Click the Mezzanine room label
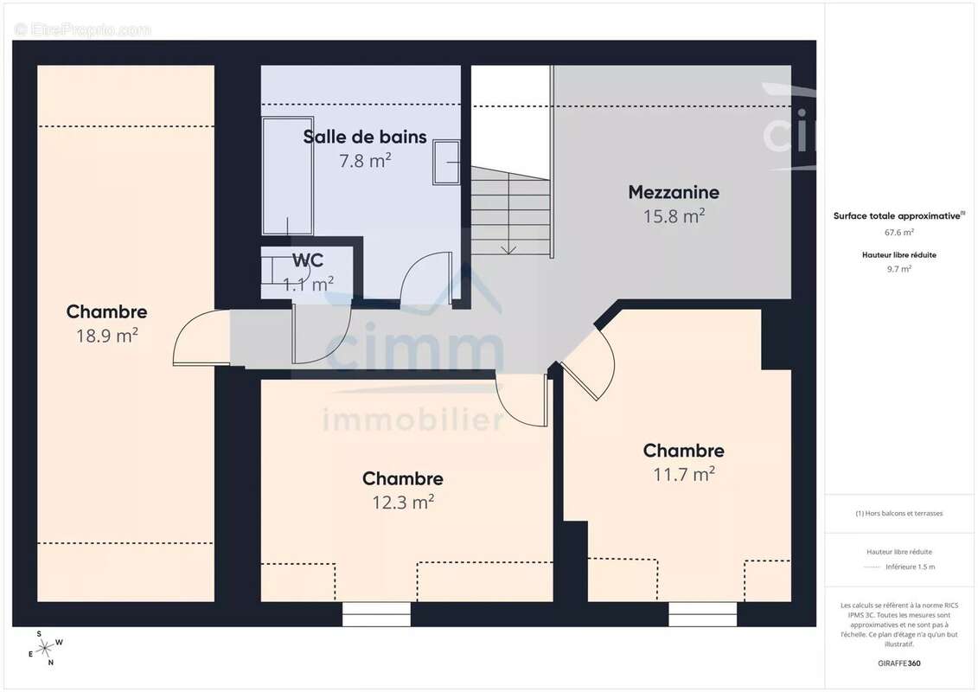tap(674, 192)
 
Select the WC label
tap(308, 260)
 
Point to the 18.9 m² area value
tap(107, 336)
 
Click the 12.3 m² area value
tap(402, 502)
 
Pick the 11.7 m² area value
tap(683, 474)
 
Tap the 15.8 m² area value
tap(674, 216)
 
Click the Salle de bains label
tap(365, 136)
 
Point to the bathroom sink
tap(448, 163)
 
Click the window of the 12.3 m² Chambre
tap(376, 614)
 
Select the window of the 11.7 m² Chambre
tap(702, 614)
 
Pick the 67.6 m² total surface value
tap(899, 232)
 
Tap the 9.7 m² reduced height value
tap(899, 268)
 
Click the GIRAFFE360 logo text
tap(899, 663)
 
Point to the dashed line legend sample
tap(872, 567)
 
